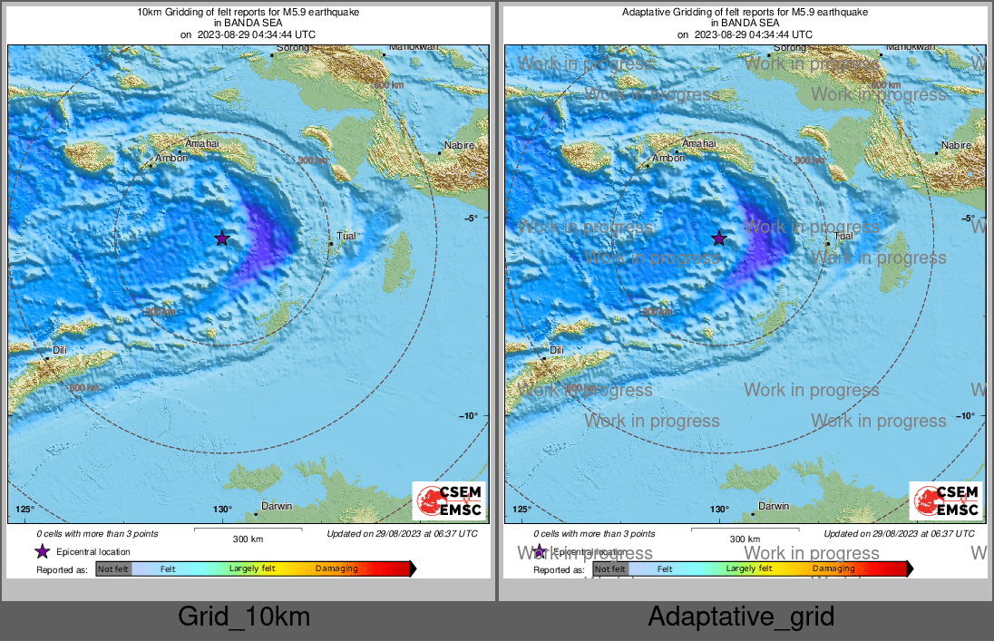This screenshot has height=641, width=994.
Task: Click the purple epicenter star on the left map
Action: [221, 238]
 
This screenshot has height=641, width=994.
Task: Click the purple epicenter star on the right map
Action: [718, 238]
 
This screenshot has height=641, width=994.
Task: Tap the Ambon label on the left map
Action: [171, 158]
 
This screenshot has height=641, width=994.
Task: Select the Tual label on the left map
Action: [346, 236]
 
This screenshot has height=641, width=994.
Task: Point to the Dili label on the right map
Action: [556, 350]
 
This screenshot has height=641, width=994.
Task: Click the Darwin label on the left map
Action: [276, 506]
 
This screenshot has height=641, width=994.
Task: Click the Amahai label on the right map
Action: [698, 143]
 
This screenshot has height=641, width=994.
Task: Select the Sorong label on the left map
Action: [292, 47]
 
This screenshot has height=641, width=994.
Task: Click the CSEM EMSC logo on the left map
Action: [449, 501]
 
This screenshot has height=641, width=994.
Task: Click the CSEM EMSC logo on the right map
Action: [946, 501]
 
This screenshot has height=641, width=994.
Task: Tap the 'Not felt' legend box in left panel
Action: [113, 568]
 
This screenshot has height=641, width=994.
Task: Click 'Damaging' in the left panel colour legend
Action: [336, 568]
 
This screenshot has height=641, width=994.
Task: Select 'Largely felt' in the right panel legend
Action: [749, 568]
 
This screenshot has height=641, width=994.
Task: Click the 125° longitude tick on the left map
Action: [25, 510]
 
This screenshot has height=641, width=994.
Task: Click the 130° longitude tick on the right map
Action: [719, 510]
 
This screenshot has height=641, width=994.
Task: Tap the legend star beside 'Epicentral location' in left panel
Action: [42, 551]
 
